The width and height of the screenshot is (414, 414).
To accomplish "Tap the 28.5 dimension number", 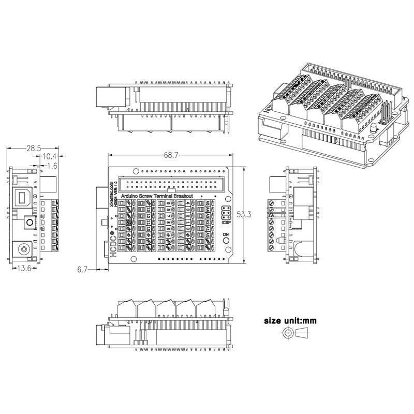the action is [34, 149].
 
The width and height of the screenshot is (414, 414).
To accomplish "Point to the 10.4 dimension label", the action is [50, 157].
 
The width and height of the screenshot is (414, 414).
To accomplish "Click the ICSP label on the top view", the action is [226, 224].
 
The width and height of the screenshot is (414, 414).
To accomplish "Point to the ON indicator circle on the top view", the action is [226, 242].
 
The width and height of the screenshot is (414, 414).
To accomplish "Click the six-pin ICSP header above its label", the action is [226, 213].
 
